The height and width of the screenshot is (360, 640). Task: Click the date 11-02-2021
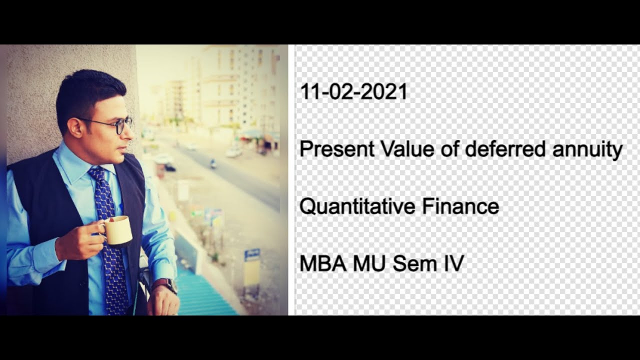353,92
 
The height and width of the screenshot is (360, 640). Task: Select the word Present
337,149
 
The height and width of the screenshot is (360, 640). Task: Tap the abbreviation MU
370,263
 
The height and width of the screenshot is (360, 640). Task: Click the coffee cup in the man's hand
118,231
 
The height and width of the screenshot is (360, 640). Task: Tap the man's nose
130,133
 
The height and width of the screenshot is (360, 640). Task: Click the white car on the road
233,152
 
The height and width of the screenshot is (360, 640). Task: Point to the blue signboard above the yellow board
252,254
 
